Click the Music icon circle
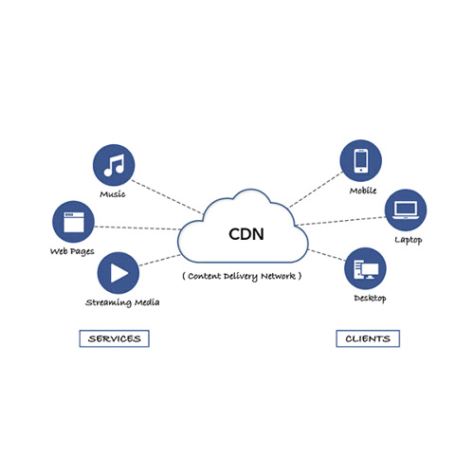coord(113,166)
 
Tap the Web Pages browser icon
coord(72,222)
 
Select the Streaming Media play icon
coord(118,273)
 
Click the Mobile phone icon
coord(361,161)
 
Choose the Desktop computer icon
coord(365,269)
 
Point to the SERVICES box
coord(114,338)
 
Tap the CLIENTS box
coord(368,338)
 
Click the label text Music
coord(113,194)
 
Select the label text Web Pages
coord(72,251)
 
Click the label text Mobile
coord(362,191)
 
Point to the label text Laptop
coord(409,240)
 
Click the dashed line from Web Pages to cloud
coord(137,228)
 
